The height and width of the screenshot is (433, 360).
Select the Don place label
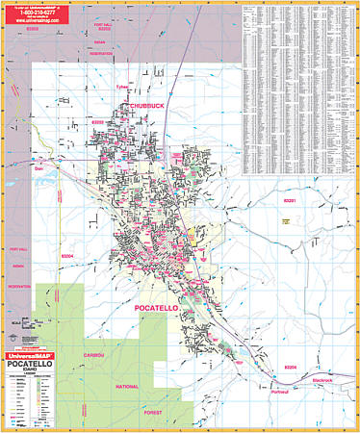[40, 169]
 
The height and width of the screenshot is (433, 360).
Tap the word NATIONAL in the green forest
[127, 386]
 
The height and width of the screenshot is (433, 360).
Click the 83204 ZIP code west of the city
[40, 256]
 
